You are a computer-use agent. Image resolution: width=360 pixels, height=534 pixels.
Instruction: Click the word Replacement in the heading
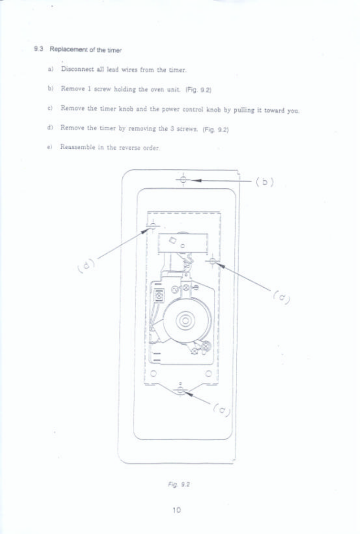pos(64,49)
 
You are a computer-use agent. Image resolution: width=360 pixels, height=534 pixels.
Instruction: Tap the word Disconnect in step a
pos(78,69)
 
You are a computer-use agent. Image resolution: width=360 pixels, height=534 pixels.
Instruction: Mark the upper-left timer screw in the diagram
pos(153,225)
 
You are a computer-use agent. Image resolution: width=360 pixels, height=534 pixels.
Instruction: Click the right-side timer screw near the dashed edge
pos(213,260)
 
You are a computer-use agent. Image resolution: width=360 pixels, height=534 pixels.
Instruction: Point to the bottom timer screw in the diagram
pos(181,390)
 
